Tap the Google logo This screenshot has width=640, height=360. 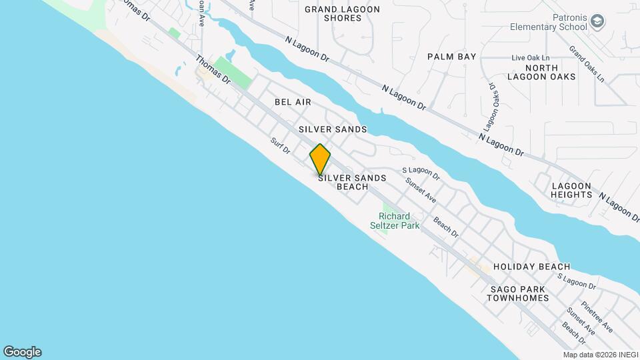pos(22,352)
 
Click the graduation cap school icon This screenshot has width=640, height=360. pos(598,22)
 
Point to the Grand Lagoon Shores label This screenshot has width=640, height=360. pos(342,13)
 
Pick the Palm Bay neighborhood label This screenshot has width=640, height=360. pos(452,57)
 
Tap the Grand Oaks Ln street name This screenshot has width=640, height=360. pos(587,64)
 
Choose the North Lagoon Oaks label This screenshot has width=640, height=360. pos(559,72)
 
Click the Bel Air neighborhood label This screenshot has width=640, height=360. pos(293,102)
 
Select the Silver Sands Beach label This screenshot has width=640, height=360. pos(343,182)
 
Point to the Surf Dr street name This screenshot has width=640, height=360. pos(281,146)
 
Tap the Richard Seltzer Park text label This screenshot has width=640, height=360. pos(395,221)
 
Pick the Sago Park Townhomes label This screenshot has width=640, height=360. pos(517,293)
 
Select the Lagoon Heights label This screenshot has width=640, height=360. pos(571,190)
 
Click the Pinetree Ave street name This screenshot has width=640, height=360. pos(597,317)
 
